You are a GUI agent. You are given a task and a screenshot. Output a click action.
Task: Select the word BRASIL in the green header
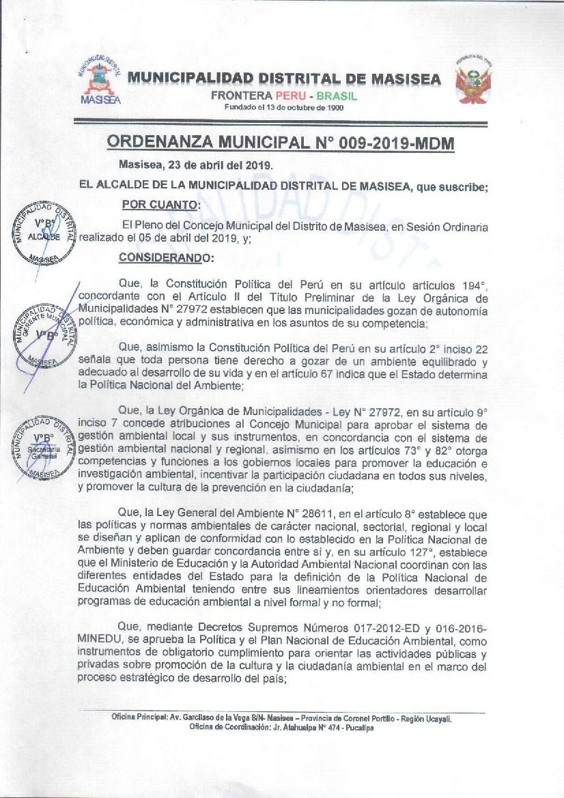[x=337, y=96]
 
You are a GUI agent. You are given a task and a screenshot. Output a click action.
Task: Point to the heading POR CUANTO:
[x=160, y=204]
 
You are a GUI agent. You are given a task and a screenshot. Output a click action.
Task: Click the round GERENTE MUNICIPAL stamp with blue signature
[x=46, y=334]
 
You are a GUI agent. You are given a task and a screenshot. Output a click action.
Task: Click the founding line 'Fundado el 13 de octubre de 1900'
[x=284, y=108]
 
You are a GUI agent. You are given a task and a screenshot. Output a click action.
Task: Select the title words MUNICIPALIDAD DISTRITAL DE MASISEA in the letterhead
[x=284, y=79]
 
